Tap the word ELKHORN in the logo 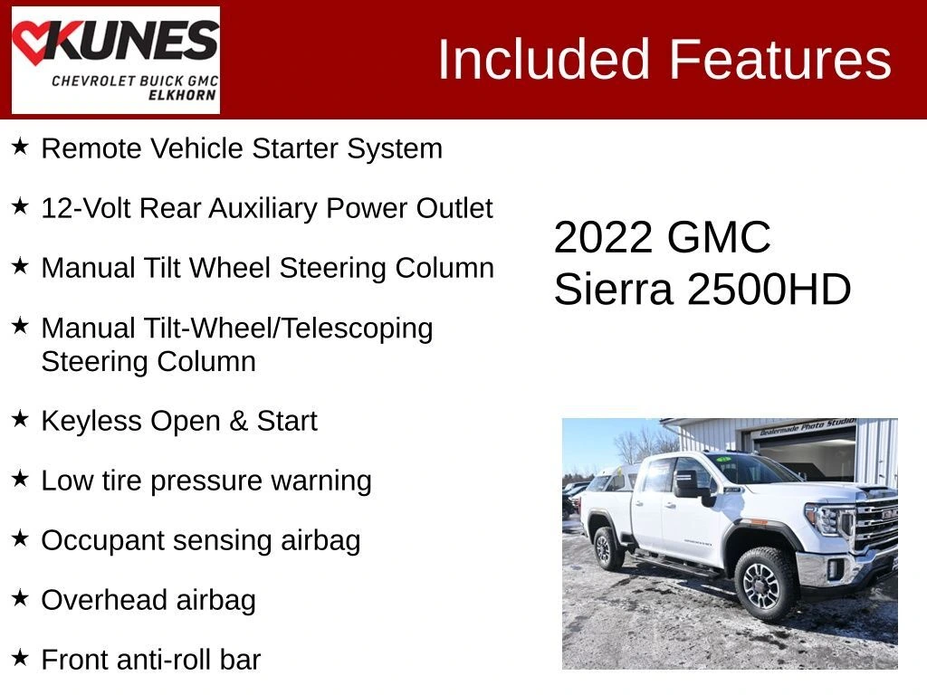182,95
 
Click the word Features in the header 779,60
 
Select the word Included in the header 544,60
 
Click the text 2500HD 769,290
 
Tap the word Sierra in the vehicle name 613,290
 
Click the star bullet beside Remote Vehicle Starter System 20,146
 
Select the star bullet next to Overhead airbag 20,597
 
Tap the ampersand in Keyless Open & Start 238,421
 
